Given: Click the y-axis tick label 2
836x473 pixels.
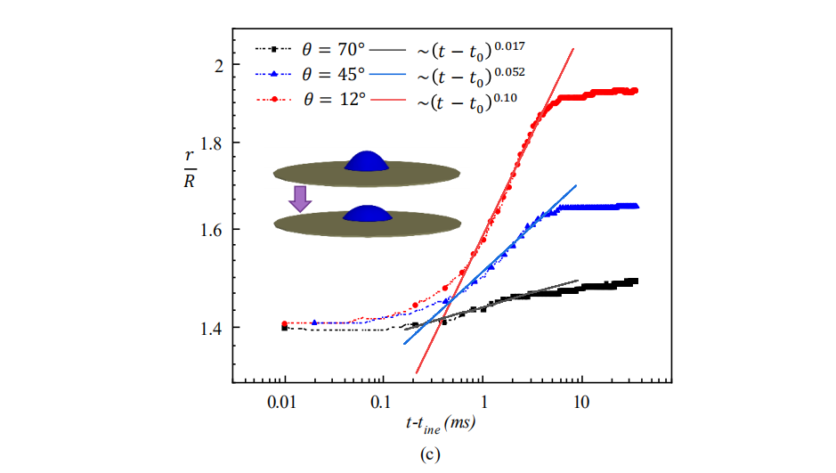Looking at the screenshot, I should [210, 65].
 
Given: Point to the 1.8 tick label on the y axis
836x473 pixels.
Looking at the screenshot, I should [203, 143].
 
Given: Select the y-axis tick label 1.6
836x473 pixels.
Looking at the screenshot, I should [203, 230].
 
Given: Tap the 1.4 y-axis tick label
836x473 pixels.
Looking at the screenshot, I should [203, 328].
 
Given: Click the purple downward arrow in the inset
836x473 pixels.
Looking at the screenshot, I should [301, 198].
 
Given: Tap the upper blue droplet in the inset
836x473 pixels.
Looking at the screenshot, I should [366, 160].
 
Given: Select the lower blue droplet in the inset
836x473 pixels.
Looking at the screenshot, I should [366, 214].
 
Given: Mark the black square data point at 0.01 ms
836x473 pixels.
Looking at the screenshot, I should [284, 328].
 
